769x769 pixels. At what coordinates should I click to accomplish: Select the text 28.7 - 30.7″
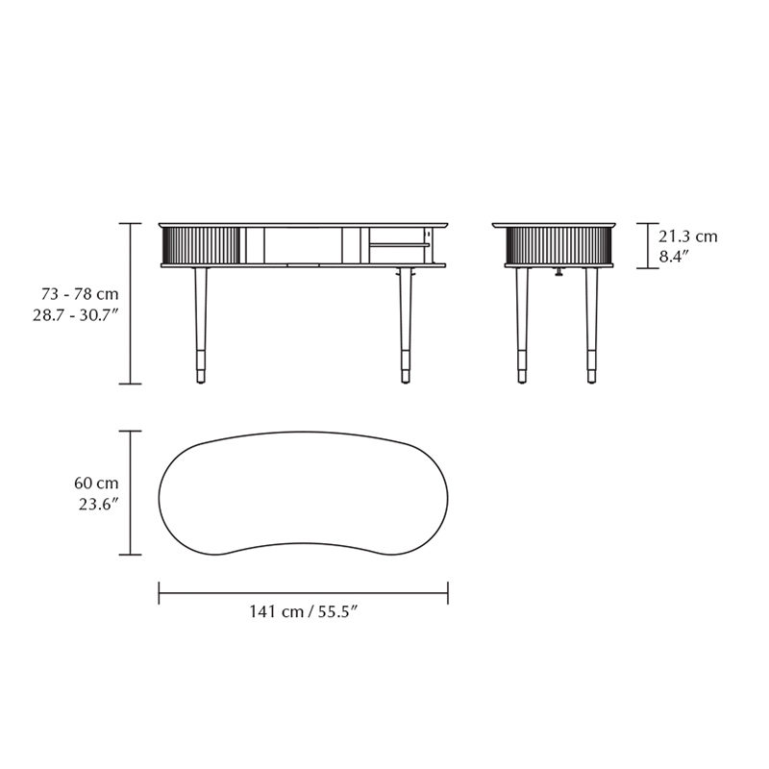click(x=76, y=314)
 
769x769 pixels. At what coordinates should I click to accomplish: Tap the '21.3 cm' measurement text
click(x=687, y=236)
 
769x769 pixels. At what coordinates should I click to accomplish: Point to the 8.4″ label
click(x=676, y=257)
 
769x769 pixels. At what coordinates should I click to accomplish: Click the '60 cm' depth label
click(x=96, y=484)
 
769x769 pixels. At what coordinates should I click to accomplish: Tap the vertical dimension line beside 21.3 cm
click(x=647, y=245)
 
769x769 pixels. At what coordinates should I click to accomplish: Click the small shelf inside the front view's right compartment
click(x=399, y=244)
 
